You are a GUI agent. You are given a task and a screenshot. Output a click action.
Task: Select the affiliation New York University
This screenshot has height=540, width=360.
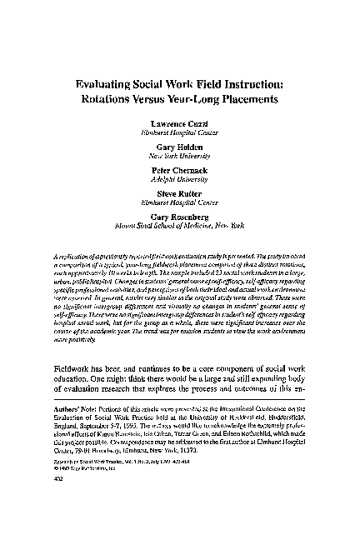(180, 154)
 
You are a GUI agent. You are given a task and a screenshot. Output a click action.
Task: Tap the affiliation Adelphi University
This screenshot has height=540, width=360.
(180, 177)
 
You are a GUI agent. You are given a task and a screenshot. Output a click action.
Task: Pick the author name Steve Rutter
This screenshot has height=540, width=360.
(180, 192)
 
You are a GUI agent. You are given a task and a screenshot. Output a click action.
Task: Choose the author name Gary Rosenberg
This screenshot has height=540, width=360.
(180, 215)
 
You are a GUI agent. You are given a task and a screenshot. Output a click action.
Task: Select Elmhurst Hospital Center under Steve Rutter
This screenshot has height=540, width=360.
(180, 201)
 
